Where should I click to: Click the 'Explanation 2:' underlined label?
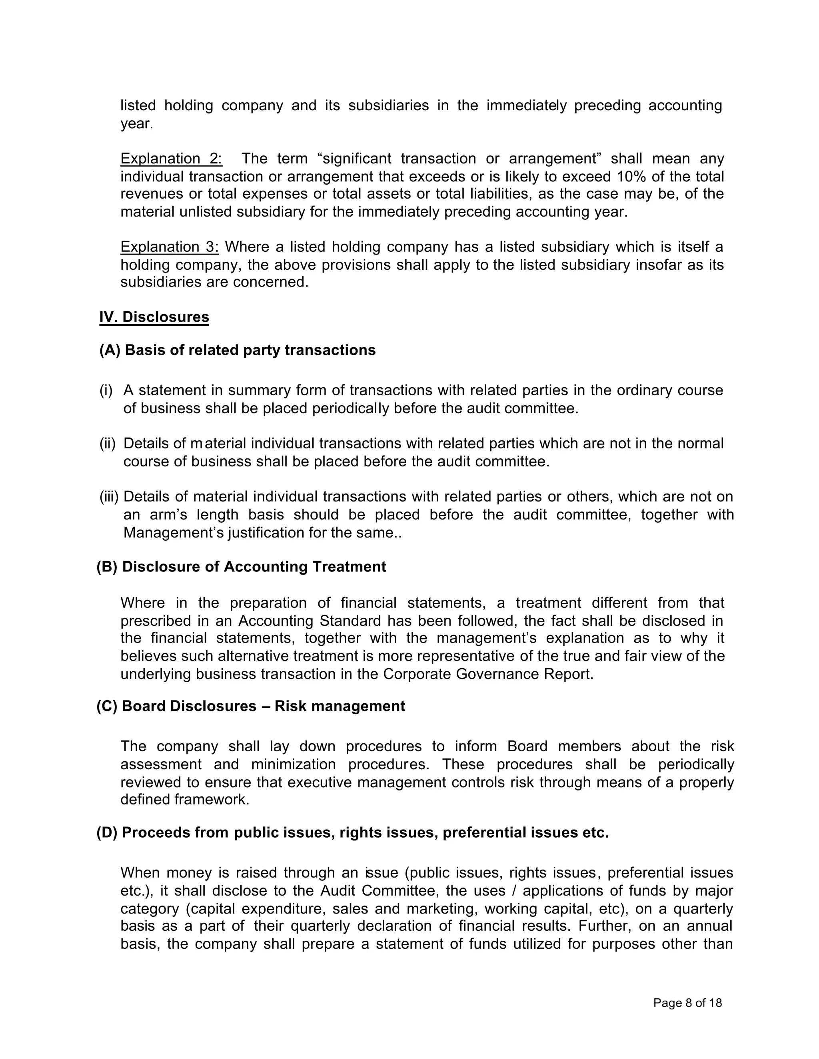coord(171,159)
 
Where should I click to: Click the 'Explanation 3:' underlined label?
coord(169,247)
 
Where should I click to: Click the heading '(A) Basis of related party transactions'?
coord(237,350)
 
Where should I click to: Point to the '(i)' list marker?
coord(106,390)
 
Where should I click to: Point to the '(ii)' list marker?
coord(107,443)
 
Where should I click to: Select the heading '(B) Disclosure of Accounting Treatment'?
coord(241,567)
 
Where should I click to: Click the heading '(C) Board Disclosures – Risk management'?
coord(250,706)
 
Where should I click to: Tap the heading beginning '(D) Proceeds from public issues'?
coord(352,832)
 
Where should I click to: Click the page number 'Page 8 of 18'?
coord(687,1003)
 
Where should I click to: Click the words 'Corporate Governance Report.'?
coord(488,674)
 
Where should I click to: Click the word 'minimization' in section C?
coord(294,764)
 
